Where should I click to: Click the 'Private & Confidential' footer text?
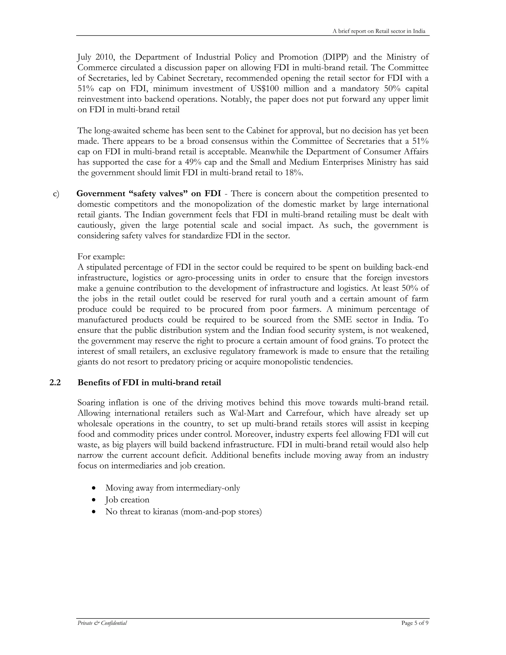102,623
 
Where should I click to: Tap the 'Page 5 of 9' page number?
415,623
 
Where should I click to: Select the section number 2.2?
55,383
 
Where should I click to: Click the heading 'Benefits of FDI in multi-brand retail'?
149,383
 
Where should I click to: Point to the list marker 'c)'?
56,194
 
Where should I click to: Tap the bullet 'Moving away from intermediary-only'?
172,488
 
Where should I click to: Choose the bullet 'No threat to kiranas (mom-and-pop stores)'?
184,512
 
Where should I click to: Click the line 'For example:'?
101,257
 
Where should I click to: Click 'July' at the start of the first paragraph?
84,57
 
